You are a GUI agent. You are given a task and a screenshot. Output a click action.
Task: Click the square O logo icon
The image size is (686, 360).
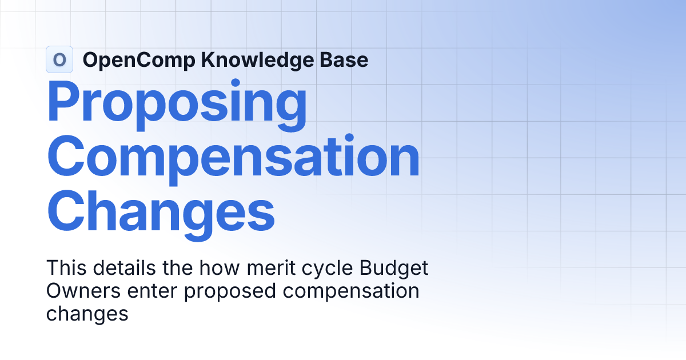pos(59,59)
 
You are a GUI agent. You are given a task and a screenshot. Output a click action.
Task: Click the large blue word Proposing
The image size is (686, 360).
pos(177,105)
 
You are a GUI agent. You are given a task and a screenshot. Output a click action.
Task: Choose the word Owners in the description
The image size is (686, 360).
pos(83,291)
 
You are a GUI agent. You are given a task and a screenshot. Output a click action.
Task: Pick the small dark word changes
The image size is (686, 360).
pos(87,314)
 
